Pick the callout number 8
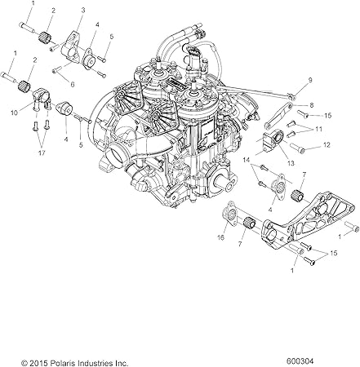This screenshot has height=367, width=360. [x=311, y=105]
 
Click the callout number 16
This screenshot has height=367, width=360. [x=221, y=237]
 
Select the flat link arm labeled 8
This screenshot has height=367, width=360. [x=277, y=113]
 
